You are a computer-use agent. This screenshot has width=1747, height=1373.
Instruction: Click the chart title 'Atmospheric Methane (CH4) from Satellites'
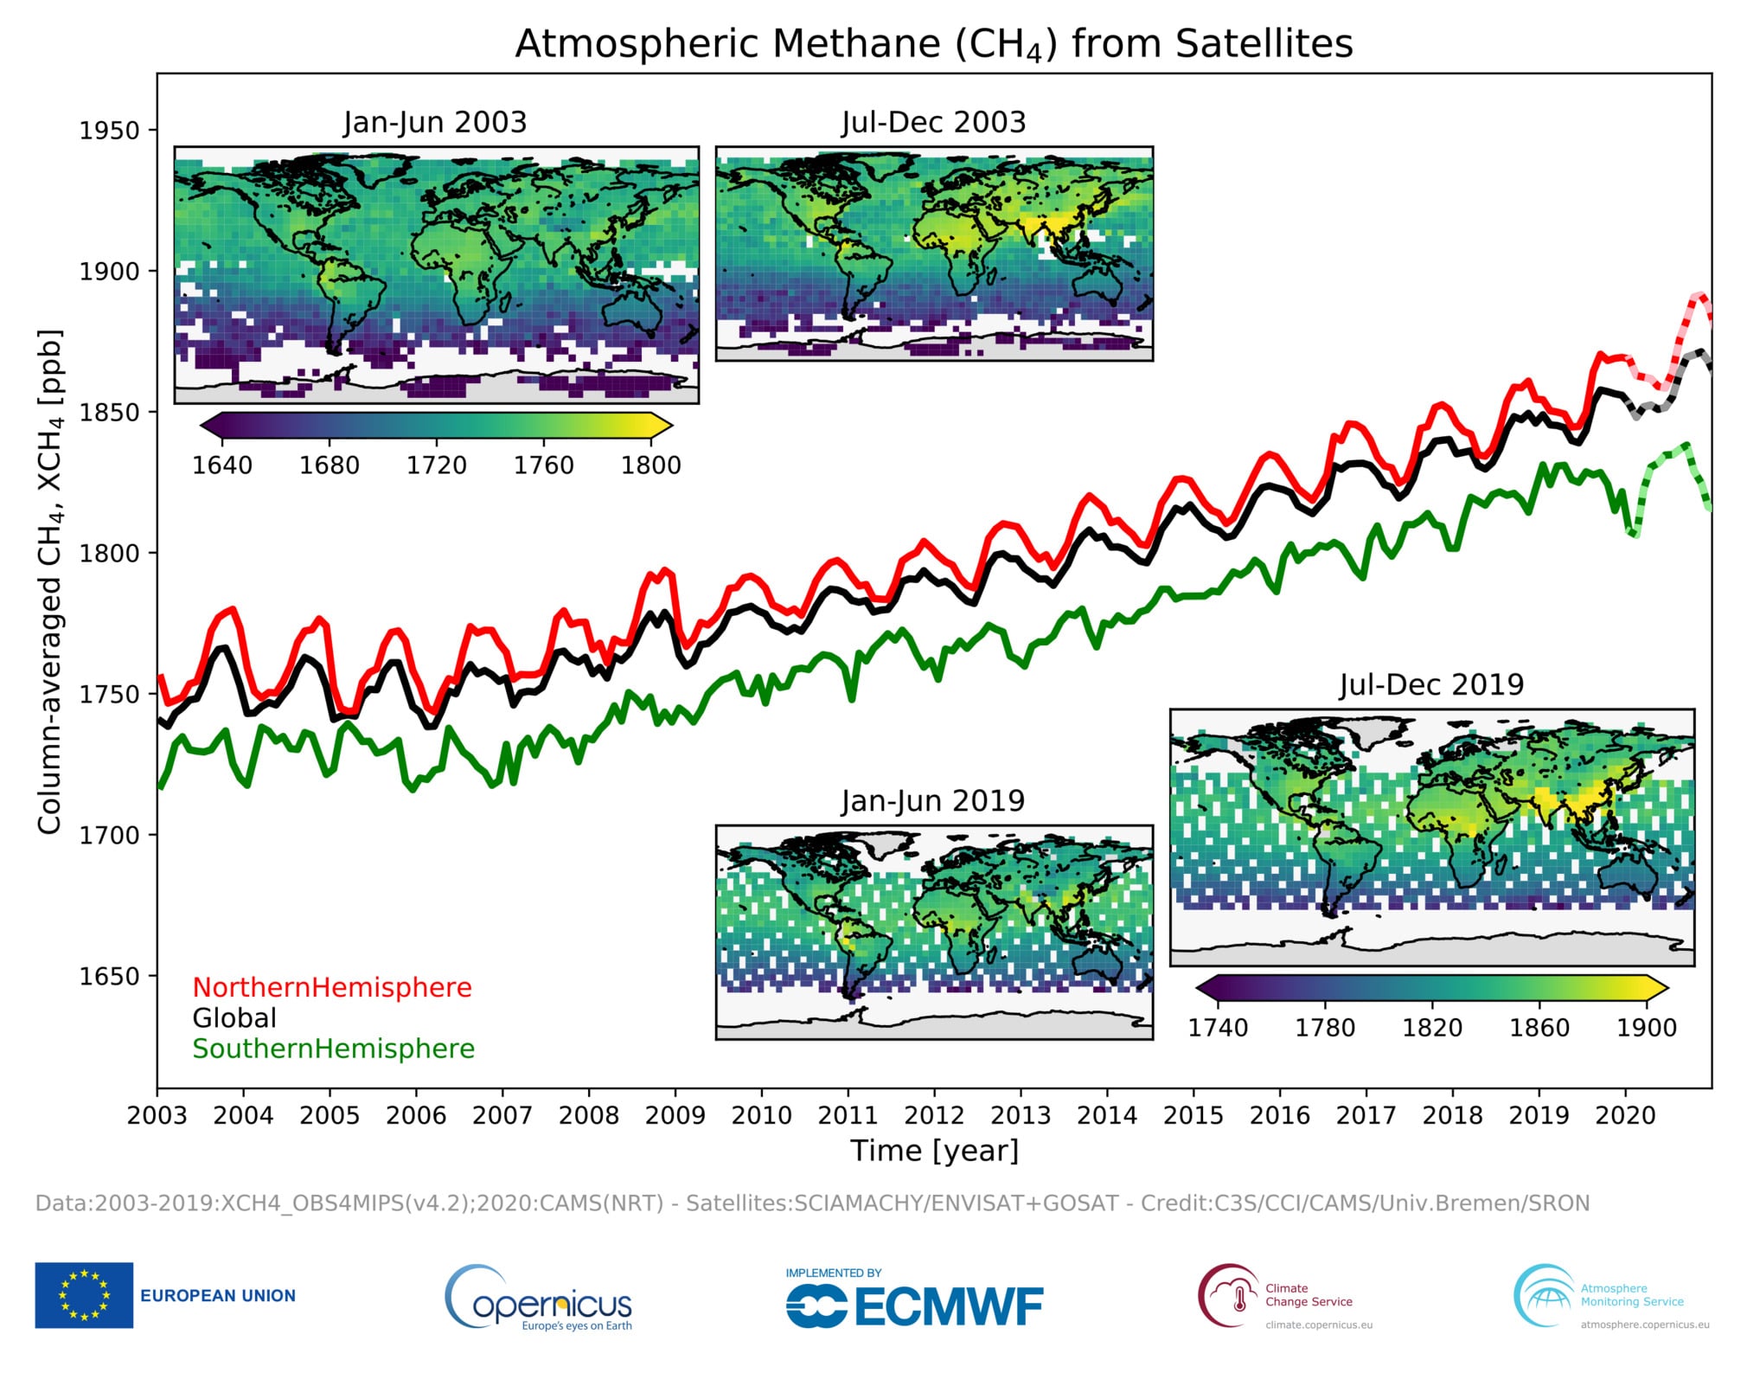(934, 43)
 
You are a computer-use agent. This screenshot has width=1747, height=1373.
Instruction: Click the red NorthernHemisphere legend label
(332, 987)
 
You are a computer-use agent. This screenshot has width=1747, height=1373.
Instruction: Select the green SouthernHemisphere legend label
(334, 1049)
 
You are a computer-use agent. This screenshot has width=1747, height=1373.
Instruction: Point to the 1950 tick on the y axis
(109, 131)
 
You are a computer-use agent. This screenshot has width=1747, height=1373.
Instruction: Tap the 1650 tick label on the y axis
(109, 976)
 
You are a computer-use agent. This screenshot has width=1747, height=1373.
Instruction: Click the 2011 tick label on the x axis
(848, 1115)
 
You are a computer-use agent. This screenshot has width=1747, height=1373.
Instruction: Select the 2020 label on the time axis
(1625, 1115)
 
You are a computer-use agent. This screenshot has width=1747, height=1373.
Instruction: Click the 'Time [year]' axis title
(934, 1151)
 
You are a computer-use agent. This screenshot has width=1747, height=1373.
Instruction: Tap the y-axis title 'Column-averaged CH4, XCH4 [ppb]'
(50, 581)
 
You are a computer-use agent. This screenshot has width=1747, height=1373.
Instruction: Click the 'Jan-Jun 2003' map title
(435, 122)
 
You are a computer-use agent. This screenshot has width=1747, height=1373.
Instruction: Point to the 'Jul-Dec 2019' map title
(1431, 684)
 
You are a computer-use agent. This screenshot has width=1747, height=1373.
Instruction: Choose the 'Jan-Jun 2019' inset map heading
(933, 800)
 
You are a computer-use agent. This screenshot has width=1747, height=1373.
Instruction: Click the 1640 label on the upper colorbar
(222, 465)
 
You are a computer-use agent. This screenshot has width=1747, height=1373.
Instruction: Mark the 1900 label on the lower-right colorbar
(1647, 1028)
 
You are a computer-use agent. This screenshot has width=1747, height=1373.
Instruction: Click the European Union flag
(84, 1295)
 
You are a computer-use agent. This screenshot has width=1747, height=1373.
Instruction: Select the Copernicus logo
(539, 1299)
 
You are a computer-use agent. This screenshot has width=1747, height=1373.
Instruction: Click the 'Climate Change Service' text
(1309, 1294)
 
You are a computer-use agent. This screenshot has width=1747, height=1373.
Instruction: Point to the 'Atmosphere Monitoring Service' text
(1632, 1294)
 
